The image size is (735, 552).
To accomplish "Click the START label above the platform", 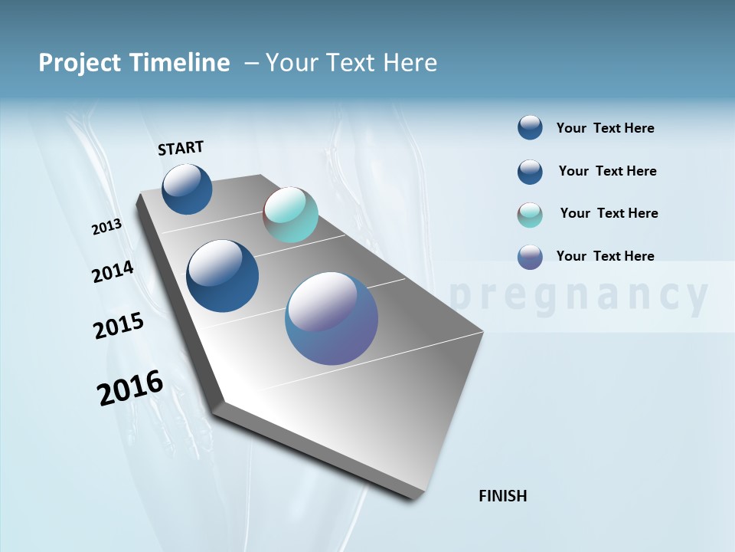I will [181, 148].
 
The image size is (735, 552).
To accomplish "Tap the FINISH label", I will [502, 496].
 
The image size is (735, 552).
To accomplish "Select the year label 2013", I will [106, 227].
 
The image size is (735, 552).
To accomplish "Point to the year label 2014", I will [113, 272].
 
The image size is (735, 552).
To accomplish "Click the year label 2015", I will [119, 326].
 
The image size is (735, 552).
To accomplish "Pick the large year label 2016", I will [130, 388].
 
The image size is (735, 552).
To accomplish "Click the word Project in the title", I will [79, 63].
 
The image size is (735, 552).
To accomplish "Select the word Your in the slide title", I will [292, 63].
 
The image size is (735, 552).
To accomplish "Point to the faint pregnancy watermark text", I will [579, 296].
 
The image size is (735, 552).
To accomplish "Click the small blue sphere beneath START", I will [187, 189].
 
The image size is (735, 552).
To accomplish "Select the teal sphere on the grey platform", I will [290, 215].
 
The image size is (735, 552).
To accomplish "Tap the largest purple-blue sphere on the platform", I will [332, 318].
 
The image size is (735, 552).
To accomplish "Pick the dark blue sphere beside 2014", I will [222, 276].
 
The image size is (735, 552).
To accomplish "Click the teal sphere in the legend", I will [530, 215].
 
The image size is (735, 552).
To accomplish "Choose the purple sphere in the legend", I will [530, 257].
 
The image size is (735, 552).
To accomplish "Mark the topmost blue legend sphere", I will [530, 127].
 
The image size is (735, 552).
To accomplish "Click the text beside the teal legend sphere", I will [609, 213].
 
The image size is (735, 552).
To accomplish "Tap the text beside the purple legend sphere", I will [605, 256].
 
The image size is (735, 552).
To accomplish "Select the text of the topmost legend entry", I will [605, 128].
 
